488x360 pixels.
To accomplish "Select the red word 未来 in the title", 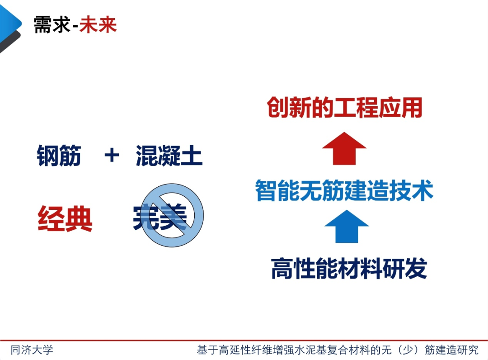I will pos(98,25).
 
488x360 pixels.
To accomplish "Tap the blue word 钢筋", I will pos(59,156).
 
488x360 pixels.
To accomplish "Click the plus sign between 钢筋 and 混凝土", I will pos(111,156).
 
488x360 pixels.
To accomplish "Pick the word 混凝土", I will pos(169,156).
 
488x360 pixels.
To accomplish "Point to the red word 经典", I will pos(65,219).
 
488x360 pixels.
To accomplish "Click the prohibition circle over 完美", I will pos(172,215).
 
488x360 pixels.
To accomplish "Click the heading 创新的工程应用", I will pos(344,108).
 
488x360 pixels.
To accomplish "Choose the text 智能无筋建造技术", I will pos(344,190).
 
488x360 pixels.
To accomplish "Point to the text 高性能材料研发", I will pos(349,269).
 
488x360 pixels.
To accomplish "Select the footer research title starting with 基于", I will pos(337,350).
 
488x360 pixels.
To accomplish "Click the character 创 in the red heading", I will pos(277,108).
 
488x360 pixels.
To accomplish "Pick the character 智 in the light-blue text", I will pos(266,190).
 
